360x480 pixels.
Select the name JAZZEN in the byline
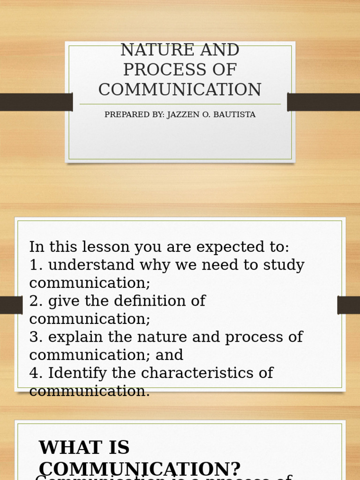pos(184,115)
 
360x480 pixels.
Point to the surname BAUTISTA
pos(235,115)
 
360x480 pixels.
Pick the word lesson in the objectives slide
pos(103,247)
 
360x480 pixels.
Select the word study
pos(283,265)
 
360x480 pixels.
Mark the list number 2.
pos(34,301)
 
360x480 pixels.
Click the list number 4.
pos(34,373)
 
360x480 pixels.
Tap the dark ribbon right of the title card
pos(323,102)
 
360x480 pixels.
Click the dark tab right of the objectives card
pos(348,305)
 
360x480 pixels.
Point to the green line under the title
pos(180,104)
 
